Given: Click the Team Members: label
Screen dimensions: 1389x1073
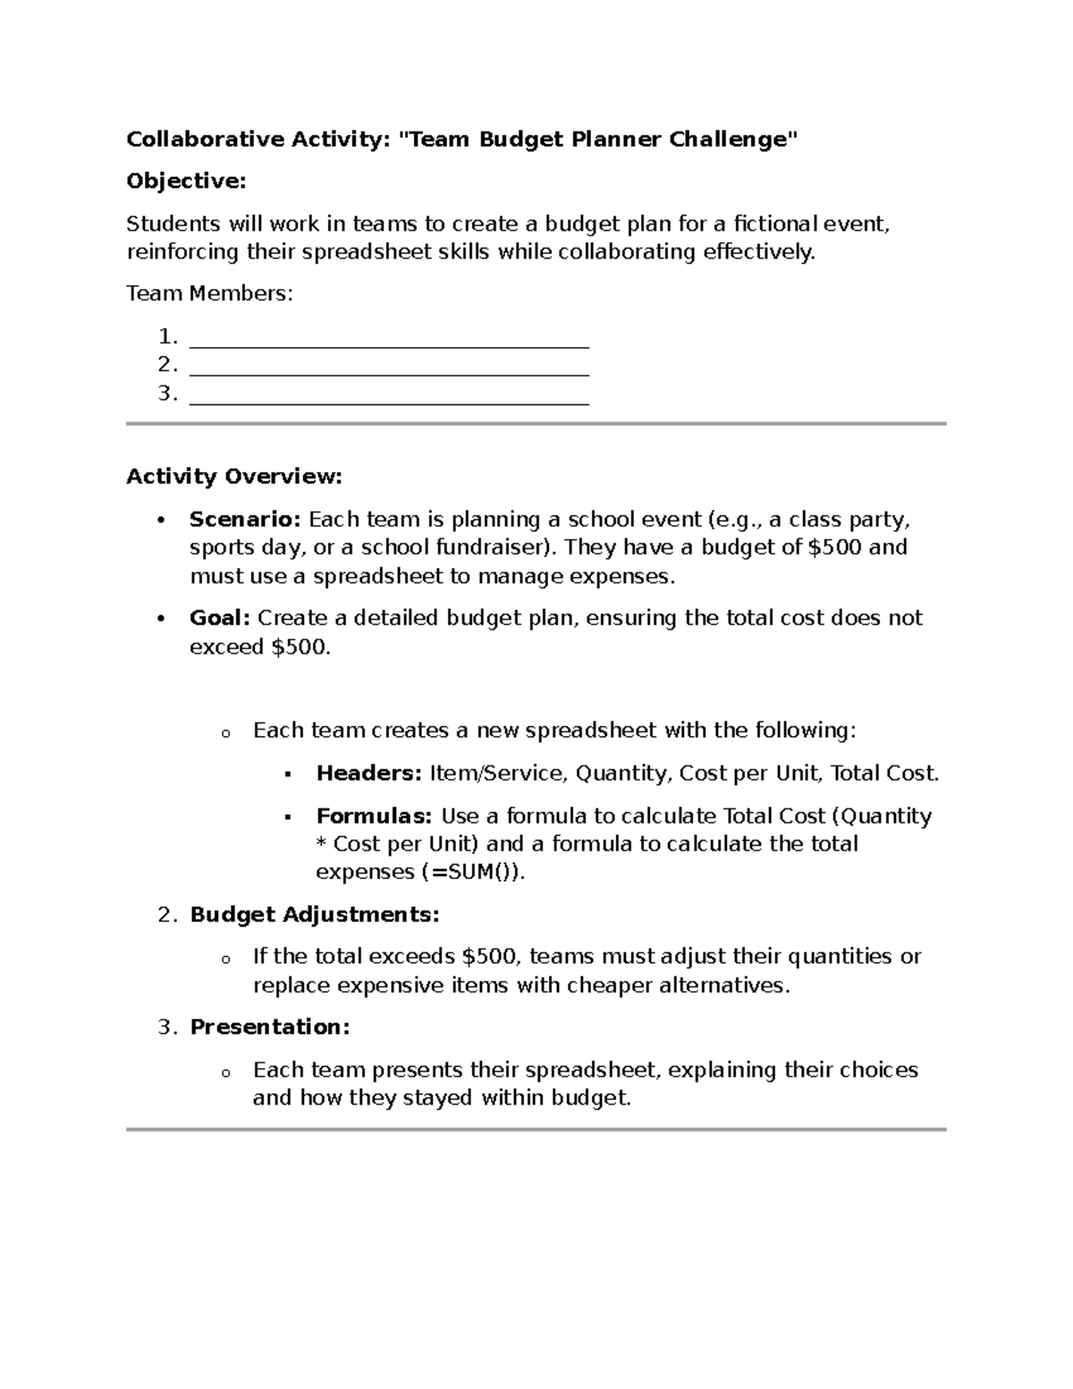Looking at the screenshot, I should click(x=209, y=293).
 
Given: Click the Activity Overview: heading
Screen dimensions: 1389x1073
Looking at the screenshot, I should click(x=234, y=477).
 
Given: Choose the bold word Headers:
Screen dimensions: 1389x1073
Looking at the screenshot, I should click(x=368, y=774).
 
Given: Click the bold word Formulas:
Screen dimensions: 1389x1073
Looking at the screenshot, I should click(x=374, y=816).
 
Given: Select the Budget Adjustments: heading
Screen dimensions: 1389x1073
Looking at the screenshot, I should click(x=314, y=915).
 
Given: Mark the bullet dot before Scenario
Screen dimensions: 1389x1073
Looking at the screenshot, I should click(x=161, y=521).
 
